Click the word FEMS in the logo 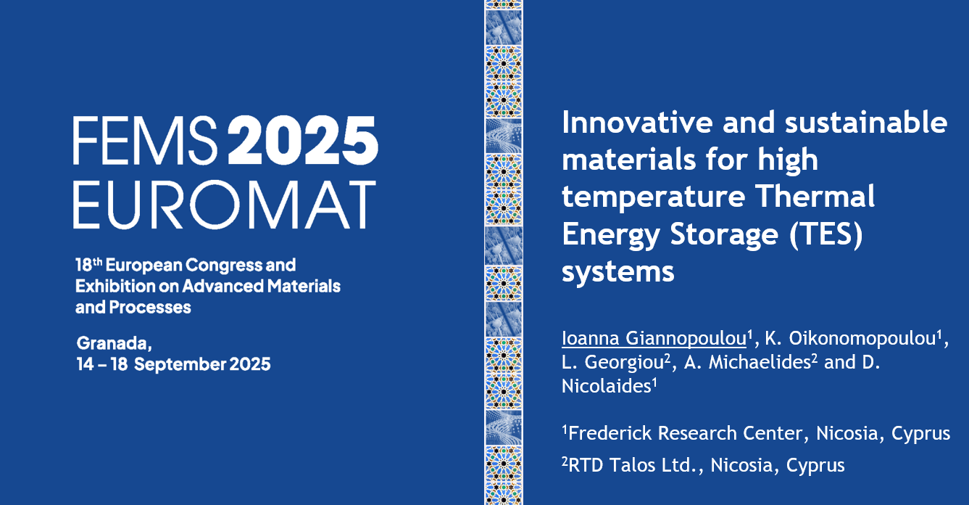(x=146, y=140)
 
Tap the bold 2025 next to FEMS (x=303, y=140)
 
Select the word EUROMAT (x=224, y=205)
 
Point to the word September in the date (x=180, y=365)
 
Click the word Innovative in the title (x=637, y=123)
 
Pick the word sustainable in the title (x=866, y=123)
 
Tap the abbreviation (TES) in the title (x=826, y=235)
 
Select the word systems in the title (x=617, y=272)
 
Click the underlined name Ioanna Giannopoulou (x=654, y=338)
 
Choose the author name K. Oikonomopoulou (x=851, y=338)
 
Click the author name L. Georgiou (x=612, y=363)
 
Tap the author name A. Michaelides (x=747, y=362)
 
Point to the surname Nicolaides (x=607, y=386)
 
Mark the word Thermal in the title (x=815, y=197)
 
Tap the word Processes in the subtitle (x=150, y=308)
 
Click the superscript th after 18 (x=97, y=262)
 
